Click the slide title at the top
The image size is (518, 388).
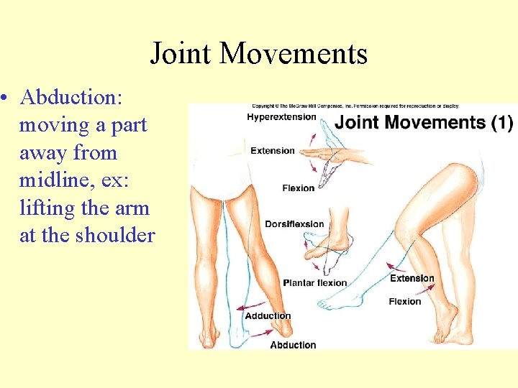[258, 54]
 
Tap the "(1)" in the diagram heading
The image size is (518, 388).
[501, 122]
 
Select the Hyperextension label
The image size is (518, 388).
[281, 117]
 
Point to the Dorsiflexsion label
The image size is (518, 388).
[294, 223]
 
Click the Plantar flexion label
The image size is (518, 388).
[314, 282]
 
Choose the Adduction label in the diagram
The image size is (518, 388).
[268, 315]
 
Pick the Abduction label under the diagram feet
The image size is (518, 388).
[293, 345]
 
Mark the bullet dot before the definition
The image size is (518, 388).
[6, 98]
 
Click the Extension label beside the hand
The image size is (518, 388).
[273, 151]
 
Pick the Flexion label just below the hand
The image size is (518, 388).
[298, 188]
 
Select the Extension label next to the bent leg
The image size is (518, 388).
[412, 278]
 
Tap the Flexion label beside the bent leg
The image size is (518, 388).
[404, 301]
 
